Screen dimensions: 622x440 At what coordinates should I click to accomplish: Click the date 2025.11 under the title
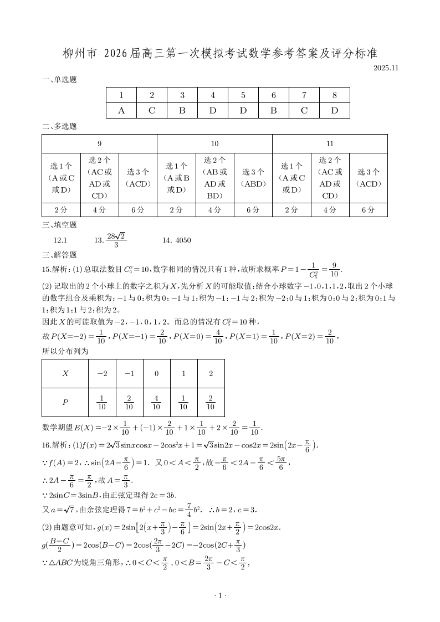(386, 68)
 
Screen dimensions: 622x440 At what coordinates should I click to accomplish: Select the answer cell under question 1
(121, 110)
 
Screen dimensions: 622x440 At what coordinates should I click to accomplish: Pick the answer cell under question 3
(182, 110)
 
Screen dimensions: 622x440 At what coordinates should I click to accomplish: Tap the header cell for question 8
(334, 95)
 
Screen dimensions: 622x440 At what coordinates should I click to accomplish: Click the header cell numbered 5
(243, 95)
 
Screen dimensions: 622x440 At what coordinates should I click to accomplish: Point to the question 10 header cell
(214, 144)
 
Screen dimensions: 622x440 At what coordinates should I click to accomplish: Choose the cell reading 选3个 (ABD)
(253, 178)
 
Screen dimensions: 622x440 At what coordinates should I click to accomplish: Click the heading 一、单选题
(59, 80)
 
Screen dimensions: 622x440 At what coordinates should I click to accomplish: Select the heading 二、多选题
(59, 126)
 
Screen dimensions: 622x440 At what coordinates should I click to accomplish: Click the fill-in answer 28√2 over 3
(116, 240)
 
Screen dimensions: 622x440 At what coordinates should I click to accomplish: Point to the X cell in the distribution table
(65, 374)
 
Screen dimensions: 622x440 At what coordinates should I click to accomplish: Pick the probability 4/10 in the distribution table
(156, 403)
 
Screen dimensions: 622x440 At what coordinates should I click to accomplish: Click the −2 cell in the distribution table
(102, 374)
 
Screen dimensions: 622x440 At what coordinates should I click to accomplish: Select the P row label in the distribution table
(65, 403)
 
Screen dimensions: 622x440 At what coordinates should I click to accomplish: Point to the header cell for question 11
(330, 144)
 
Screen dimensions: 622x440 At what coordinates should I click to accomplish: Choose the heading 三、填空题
(59, 225)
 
